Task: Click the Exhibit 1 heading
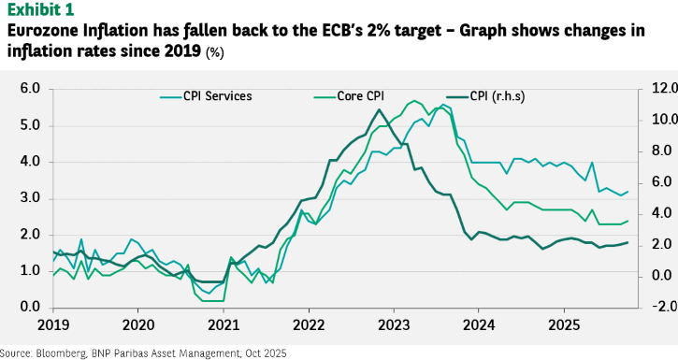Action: point(40,9)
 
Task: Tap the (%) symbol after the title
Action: point(215,52)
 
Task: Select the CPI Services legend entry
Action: point(206,96)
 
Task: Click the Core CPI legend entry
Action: point(349,96)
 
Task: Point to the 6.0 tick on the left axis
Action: point(30,89)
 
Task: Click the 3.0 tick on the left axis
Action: point(30,198)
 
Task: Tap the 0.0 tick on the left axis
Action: point(30,308)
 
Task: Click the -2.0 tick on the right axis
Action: point(660,307)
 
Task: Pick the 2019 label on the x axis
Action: point(53,324)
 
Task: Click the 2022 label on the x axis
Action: point(309,324)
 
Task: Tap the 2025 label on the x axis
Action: point(564,324)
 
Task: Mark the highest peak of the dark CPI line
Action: point(379,109)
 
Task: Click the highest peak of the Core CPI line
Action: point(414,101)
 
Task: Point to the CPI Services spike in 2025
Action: point(592,163)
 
